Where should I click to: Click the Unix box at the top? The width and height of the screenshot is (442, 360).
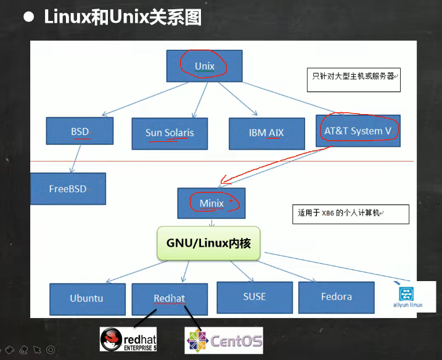tap(204, 66)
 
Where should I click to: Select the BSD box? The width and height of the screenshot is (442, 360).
tap(80, 131)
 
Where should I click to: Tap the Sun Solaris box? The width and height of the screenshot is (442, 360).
tap(170, 133)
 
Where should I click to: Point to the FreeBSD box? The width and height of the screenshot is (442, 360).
tap(68, 189)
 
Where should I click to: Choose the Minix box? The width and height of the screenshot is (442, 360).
tap(211, 203)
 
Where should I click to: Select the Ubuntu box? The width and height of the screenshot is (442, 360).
tap(86, 298)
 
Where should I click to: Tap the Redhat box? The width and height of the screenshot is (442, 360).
tap(169, 299)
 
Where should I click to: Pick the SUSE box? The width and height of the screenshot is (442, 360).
tap(254, 297)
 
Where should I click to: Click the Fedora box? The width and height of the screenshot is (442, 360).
tap(336, 297)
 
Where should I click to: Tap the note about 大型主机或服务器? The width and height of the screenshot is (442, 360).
tap(353, 79)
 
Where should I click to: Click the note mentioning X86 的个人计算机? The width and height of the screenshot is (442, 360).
tap(350, 213)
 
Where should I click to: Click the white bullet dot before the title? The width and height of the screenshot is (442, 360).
tap(28, 17)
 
